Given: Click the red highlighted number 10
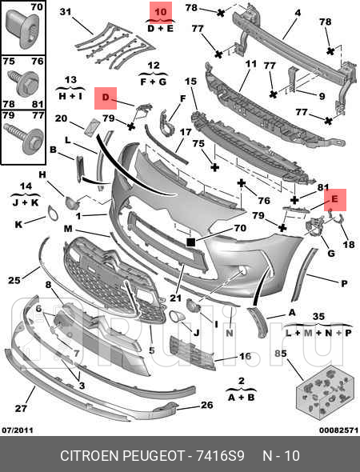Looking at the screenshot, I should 161,12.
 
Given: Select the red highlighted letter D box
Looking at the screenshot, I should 105,98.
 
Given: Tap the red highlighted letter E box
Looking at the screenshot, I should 334,198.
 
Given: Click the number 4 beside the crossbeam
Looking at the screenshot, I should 297,12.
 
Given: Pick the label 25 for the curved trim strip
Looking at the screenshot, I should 14,280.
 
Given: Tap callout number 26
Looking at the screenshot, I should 206,405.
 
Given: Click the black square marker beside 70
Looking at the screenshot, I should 191,240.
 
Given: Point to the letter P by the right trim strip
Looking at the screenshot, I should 344,283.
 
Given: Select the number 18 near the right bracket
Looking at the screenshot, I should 347,245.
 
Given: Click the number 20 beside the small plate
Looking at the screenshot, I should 61,119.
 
